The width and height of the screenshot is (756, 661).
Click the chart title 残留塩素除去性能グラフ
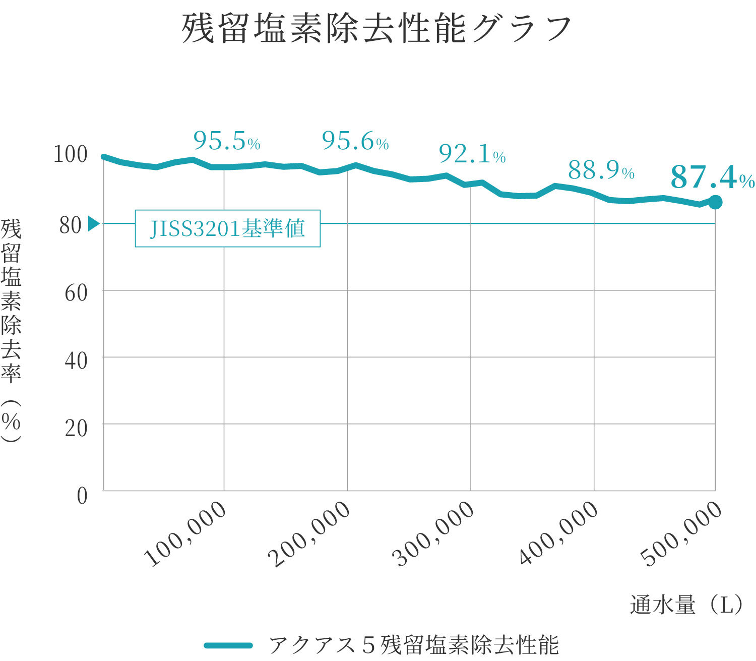coord(376,29)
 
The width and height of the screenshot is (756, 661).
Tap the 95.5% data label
coord(226,141)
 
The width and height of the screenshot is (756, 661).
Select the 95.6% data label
coord(355,141)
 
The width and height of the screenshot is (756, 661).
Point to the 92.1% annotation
coord(472,154)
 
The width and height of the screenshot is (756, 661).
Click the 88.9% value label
coord(601,170)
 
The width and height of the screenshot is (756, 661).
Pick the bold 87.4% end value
coord(712,177)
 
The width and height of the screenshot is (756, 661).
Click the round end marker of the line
coord(715,202)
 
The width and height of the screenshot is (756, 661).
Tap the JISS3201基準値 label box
coord(227,228)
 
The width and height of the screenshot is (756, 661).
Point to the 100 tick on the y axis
coord(71,154)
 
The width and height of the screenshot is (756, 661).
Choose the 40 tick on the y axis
coord(76,360)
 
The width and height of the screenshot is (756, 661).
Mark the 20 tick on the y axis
coord(76,428)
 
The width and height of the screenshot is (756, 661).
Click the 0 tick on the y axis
coord(82,496)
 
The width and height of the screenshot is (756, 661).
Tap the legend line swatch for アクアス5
coord(228,645)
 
